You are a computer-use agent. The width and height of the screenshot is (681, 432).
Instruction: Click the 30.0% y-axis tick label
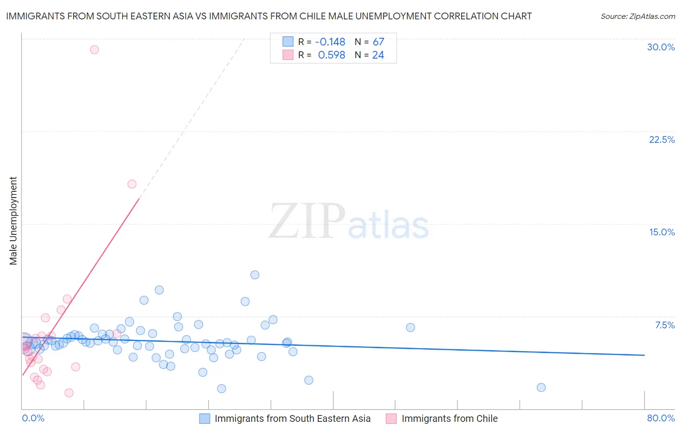pos(661,47)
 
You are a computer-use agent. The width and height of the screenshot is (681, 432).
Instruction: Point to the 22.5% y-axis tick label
pos(662,139)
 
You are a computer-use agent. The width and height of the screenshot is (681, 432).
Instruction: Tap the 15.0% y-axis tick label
pos(662,232)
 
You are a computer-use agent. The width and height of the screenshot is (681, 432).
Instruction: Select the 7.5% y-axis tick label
pos(665,325)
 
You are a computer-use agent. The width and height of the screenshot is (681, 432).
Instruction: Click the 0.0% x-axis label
pos(33,418)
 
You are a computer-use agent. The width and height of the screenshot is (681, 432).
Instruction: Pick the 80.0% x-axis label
pos(661,418)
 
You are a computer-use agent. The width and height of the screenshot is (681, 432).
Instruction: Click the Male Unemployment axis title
pos(13,221)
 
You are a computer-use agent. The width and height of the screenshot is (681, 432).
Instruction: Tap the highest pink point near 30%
pos(94,49)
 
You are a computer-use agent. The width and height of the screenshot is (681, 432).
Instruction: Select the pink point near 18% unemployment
pos(132,184)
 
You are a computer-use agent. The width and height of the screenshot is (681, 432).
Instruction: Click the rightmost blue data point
pos(541,387)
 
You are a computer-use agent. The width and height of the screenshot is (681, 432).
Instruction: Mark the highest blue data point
pos(255,275)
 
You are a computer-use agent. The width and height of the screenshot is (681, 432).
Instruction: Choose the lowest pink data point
pos(69,393)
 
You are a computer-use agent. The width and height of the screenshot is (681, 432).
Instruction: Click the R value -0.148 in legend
pos(330,42)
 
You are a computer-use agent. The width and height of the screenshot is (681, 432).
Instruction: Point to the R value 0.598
pos(331,55)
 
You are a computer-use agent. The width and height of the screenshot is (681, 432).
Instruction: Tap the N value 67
pos(378,42)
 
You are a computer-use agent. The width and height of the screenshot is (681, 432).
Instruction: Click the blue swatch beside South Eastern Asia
pos(205,418)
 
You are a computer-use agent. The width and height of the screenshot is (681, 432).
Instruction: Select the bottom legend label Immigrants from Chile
pos(449,418)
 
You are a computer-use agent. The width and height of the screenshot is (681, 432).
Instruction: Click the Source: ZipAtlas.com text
pos(637,16)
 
